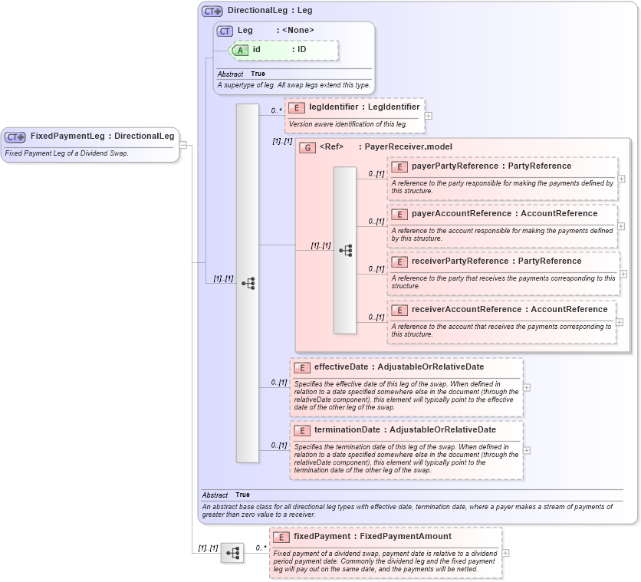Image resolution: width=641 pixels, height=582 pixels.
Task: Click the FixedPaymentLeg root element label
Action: pyautogui.click(x=102, y=136)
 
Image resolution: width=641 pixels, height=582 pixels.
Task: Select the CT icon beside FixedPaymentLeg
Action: pyautogui.click(x=15, y=136)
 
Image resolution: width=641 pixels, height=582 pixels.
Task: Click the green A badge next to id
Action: pyautogui.click(x=241, y=50)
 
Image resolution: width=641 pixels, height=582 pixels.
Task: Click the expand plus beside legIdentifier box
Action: pyautogui.click(x=428, y=116)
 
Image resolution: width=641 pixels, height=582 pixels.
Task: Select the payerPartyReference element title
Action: pyautogui.click(x=491, y=166)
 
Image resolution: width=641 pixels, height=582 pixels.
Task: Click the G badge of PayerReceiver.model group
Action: pyautogui.click(x=307, y=147)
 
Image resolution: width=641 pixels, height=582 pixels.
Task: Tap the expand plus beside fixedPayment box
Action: pyautogui.click(x=505, y=552)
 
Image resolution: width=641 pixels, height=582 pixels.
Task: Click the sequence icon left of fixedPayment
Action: pyautogui.click(x=232, y=552)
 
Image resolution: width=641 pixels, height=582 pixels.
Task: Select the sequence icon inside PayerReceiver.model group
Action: pyautogui.click(x=345, y=250)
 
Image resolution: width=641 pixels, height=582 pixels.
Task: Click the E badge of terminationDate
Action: pyautogui.click(x=302, y=430)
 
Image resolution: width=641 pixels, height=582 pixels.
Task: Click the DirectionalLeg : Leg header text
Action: pyautogui.click(x=269, y=12)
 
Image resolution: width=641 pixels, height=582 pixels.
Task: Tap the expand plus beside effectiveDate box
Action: pyautogui.click(x=526, y=387)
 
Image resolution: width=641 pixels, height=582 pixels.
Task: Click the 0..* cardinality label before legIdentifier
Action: pyautogui.click(x=276, y=110)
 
